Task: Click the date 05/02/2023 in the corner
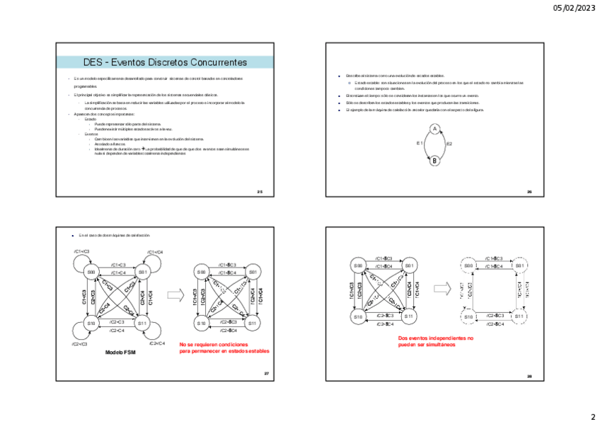coord(575,8)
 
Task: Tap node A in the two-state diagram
coord(434,129)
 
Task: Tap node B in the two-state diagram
coord(434,161)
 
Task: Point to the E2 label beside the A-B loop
coord(449,144)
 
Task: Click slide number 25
coord(260,191)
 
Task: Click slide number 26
coord(529,192)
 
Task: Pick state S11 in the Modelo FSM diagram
coord(142,323)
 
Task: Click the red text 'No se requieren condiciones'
coord(215,344)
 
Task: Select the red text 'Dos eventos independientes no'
coord(436,338)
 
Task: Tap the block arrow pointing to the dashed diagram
coord(442,289)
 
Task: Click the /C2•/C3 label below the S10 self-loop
coord(79,344)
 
